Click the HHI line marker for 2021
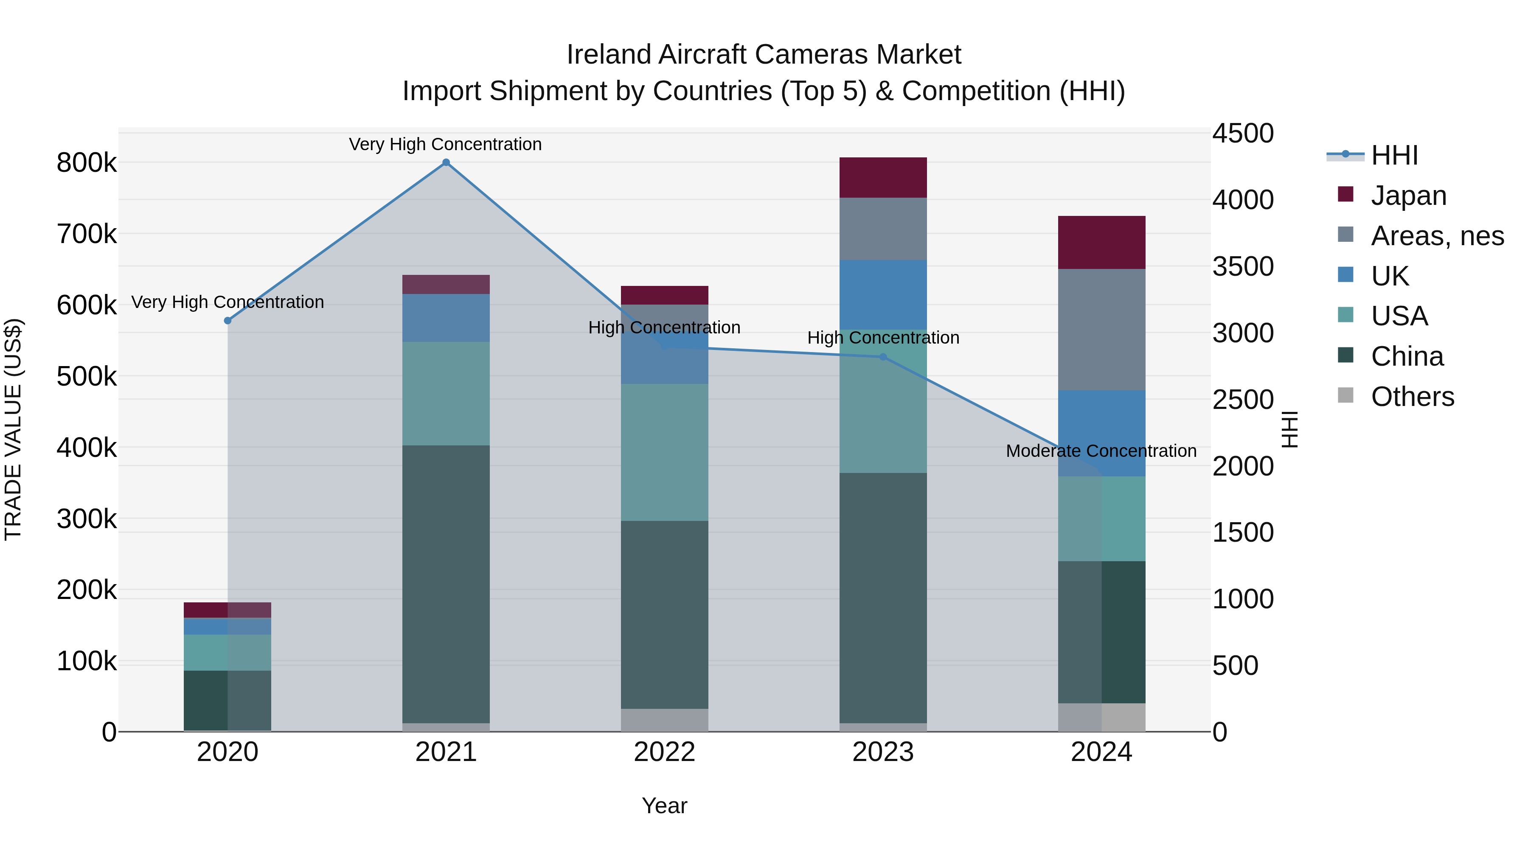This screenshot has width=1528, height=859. point(446,162)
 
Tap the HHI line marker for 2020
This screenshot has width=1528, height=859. point(228,321)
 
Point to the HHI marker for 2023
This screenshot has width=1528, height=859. point(883,357)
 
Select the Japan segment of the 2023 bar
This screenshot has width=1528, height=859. point(883,177)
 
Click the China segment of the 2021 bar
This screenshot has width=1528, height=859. point(446,584)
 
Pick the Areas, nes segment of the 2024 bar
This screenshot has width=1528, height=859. point(1101,330)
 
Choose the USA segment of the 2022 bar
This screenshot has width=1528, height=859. point(664,452)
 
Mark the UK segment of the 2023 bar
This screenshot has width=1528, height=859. point(883,295)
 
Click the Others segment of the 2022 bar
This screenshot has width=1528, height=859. point(664,720)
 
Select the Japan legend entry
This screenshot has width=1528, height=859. point(1408,196)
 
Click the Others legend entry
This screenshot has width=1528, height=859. point(1412,397)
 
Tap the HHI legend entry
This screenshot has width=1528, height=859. point(1394,155)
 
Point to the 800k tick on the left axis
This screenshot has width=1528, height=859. point(87,163)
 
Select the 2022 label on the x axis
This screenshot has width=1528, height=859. point(664,752)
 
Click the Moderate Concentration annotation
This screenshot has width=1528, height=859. point(1101,451)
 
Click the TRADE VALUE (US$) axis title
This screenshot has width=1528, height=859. point(13,429)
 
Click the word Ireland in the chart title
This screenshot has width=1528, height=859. point(609,55)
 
